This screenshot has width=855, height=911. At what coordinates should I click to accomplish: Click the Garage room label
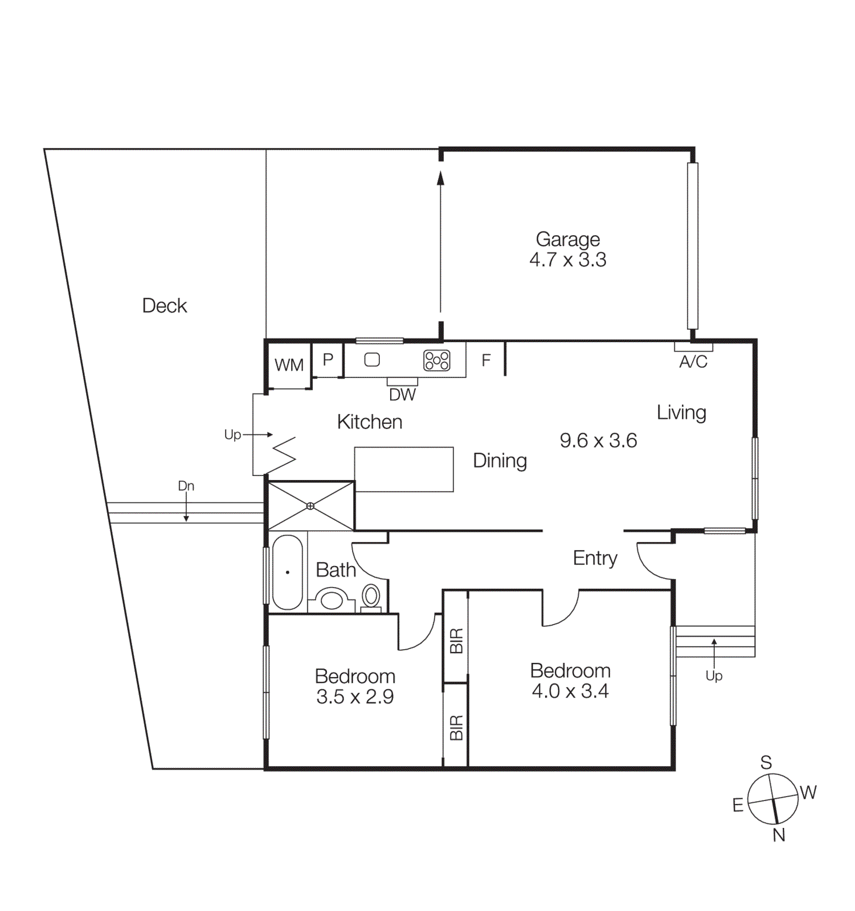[x=567, y=240]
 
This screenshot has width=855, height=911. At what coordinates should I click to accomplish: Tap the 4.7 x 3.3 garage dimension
[x=567, y=260]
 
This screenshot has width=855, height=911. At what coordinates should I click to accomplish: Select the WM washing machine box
[x=289, y=365]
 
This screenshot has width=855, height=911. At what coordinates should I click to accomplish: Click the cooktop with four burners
[x=437, y=360]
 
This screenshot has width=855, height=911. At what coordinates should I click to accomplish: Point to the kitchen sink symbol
[x=372, y=360]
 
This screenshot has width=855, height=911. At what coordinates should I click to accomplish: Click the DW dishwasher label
[x=402, y=395]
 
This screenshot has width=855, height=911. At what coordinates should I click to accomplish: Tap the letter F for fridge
[x=486, y=360]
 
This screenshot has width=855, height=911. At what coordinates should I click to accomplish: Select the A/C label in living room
[x=693, y=362]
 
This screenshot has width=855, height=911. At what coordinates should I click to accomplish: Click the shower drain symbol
[x=310, y=506]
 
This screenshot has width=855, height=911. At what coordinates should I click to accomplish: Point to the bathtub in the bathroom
[x=288, y=572]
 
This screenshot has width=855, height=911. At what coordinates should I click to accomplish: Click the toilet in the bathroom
[x=371, y=597]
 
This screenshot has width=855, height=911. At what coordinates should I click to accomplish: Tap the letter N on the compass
[x=779, y=835]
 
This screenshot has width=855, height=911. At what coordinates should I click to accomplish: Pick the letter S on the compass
[x=766, y=762]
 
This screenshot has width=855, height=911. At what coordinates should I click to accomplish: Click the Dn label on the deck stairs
[x=186, y=486]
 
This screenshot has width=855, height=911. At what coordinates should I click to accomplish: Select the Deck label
[x=164, y=306]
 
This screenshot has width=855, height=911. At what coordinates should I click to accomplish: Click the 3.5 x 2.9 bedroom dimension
[x=355, y=697]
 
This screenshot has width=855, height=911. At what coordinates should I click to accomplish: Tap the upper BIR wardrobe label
[x=456, y=641]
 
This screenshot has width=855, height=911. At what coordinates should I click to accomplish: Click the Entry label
[x=595, y=558]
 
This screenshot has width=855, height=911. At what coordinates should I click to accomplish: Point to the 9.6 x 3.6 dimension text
[x=598, y=441]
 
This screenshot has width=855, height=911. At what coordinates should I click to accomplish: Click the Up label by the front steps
[x=714, y=676]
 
